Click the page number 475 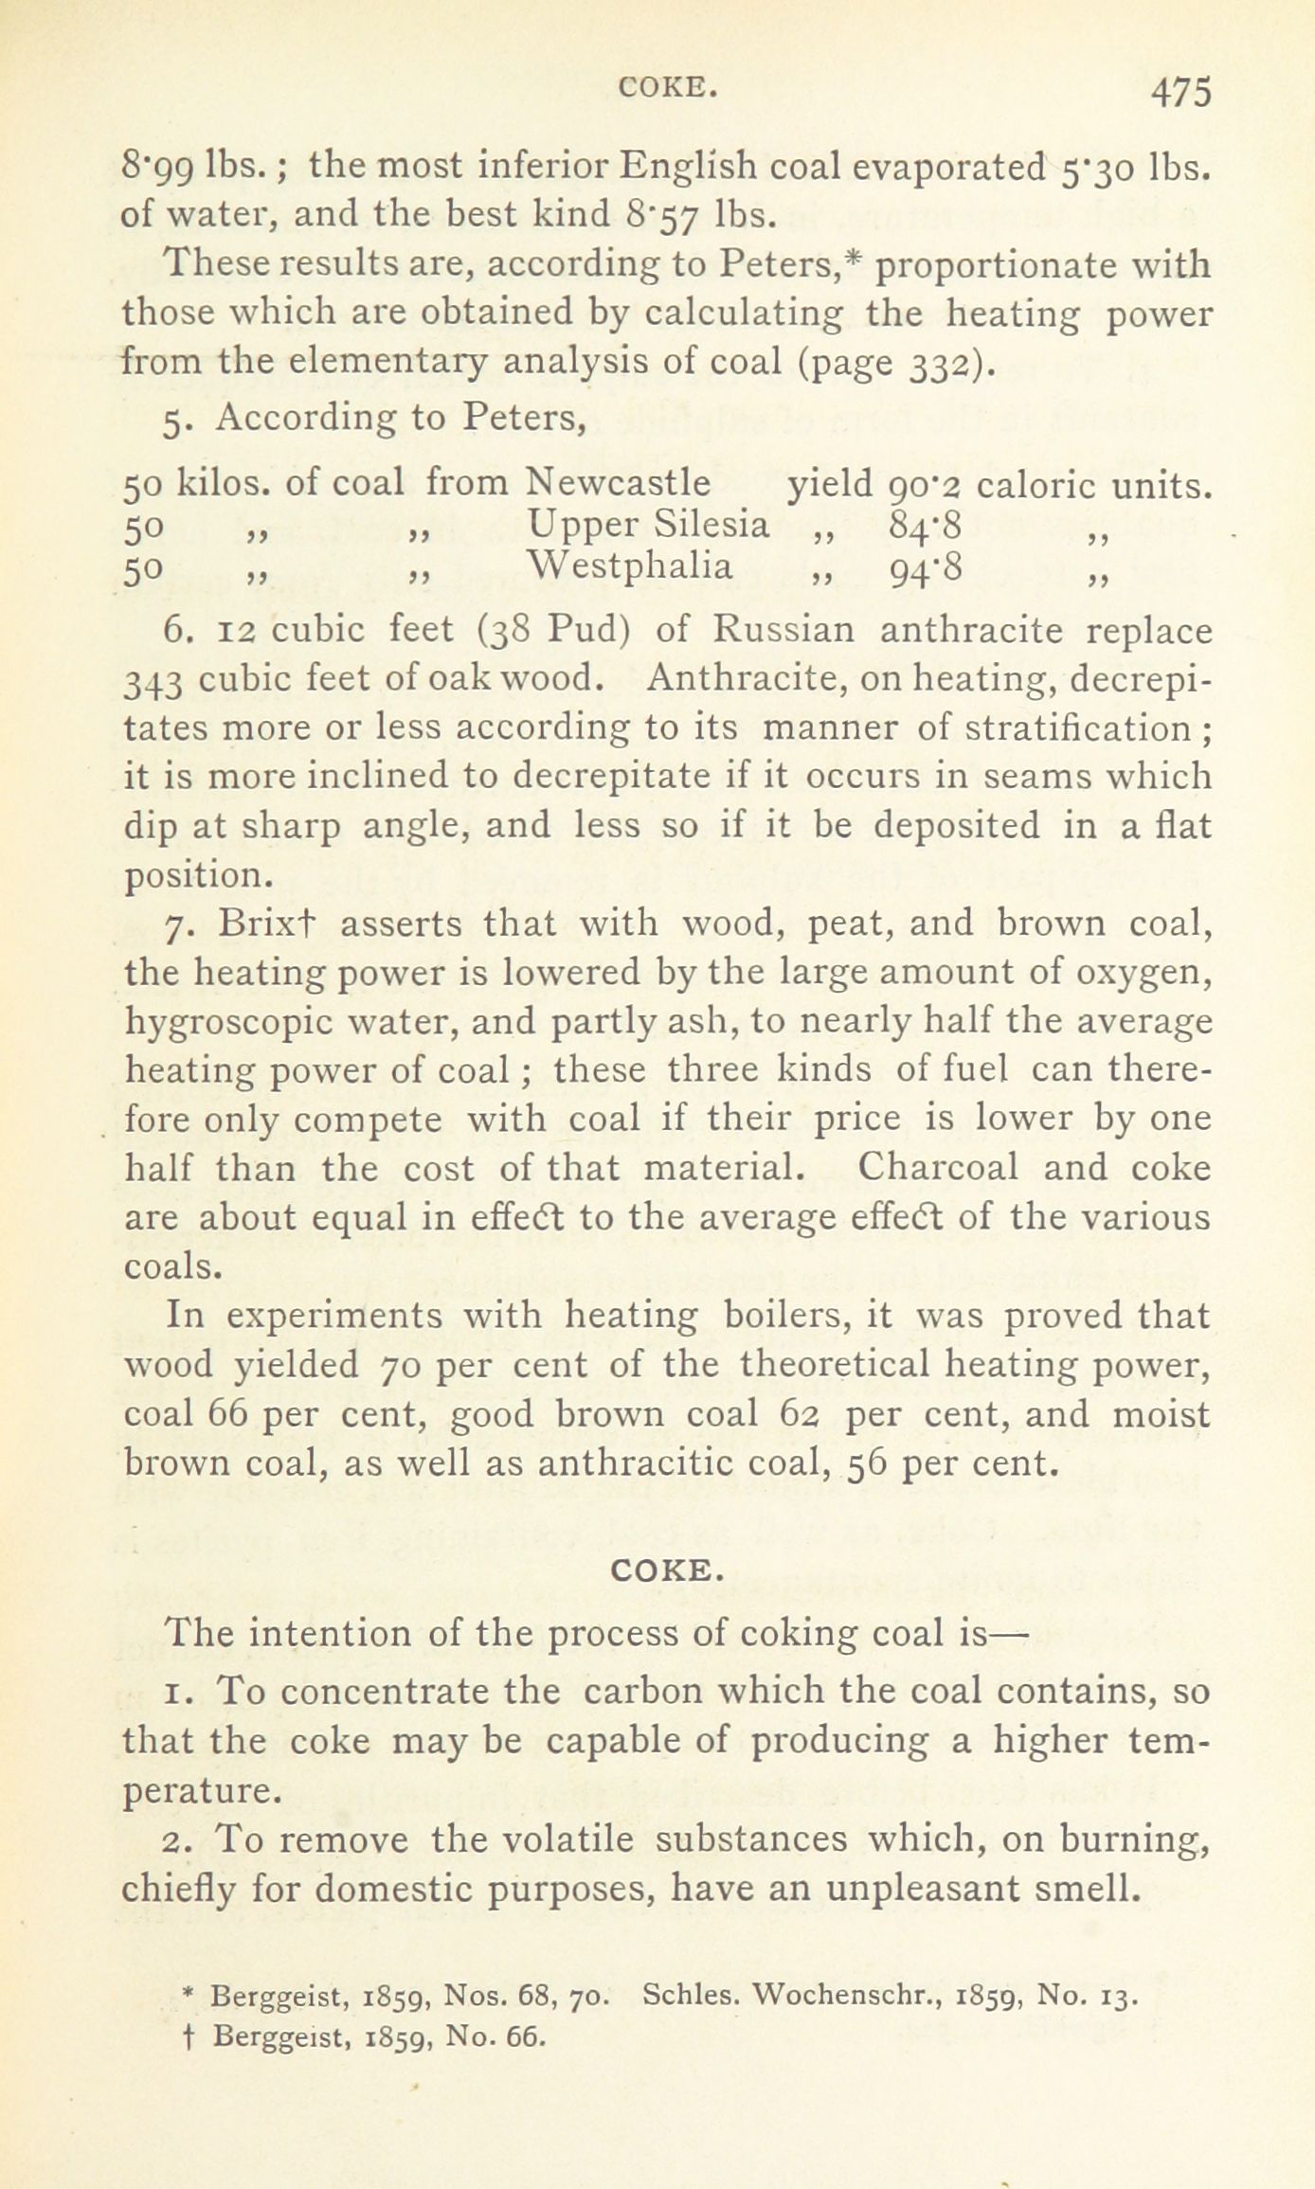tap(1180, 95)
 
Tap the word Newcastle tap(619, 483)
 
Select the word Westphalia tap(630, 566)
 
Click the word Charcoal tap(937, 1166)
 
